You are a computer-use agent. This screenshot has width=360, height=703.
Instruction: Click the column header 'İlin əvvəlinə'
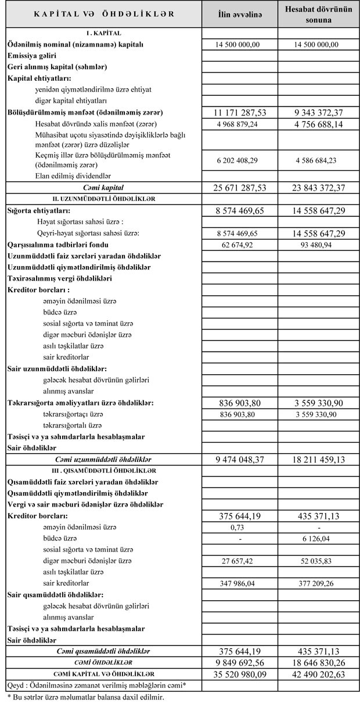(x=240, y=14)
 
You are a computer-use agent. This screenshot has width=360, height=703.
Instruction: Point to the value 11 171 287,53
(x=240, y=112)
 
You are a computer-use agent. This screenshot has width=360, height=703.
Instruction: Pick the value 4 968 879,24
(x=240, y=124)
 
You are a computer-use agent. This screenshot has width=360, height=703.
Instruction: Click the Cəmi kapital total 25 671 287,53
(x=240, y=188)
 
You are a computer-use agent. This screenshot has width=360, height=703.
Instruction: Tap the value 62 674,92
(x=240, y=245)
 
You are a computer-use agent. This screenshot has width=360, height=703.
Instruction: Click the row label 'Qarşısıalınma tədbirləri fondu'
(x=59, y=245)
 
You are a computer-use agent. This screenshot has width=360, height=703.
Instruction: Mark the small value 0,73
(x=240, y=527)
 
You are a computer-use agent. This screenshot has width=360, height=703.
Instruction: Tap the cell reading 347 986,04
(x=240, y=583)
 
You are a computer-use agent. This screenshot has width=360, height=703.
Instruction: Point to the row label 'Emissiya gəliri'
(x=33, y=56)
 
